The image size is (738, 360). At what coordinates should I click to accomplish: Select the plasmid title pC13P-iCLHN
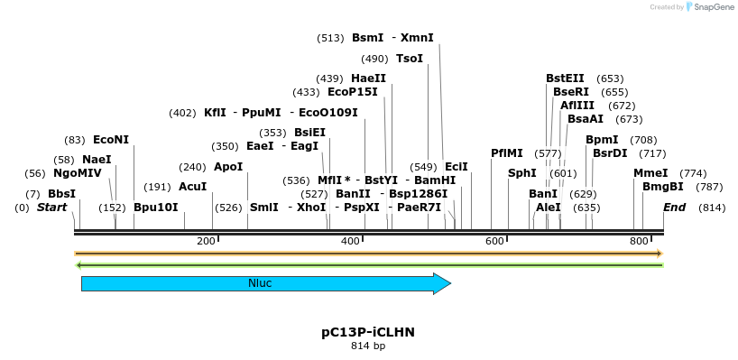(368, 332)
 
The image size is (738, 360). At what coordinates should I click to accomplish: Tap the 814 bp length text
(368, 346)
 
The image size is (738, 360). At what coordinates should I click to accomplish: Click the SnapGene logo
(712, 7)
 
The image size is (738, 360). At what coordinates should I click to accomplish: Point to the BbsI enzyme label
(62, 194)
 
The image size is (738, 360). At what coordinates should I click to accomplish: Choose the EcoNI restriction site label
(111, 140)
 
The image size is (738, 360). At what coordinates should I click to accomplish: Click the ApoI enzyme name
(228, 167)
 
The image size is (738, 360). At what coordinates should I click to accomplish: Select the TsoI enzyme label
(410, 59)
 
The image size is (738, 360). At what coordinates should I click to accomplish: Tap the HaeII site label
(368, 78)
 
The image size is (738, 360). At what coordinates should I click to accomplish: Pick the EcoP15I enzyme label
(353, 92)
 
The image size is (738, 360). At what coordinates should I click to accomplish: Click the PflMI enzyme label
(506, 153)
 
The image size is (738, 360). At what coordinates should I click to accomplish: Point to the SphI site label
(521, 173)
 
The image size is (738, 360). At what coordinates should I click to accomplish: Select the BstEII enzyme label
(565, 78)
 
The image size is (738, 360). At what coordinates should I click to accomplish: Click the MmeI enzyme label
(650, 173)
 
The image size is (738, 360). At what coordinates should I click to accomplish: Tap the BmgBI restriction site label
(662, 187)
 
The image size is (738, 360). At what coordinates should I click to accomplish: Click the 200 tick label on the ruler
(206, 241)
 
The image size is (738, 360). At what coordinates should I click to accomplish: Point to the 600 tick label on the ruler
(494, 241)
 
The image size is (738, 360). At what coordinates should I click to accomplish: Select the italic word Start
(51, 208)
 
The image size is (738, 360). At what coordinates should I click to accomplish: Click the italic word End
(675, 208)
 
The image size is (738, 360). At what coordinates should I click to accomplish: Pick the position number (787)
(710, 187)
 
